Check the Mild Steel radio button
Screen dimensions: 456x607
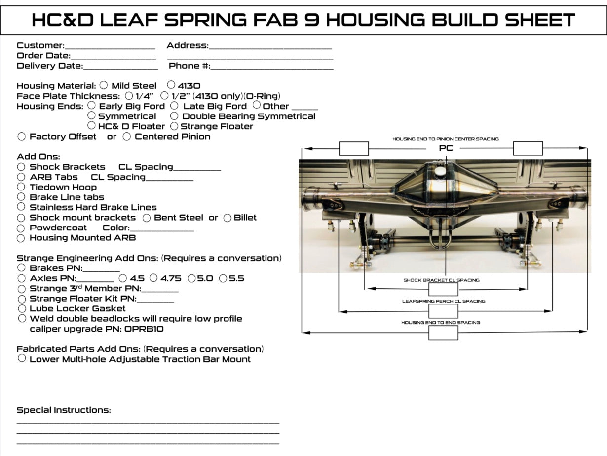[104, 85]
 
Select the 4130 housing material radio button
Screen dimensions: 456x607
[171, 85]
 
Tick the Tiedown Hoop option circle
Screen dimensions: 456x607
[21, 187]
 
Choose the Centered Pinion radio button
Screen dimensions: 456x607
[127, 136]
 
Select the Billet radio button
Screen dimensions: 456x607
[228, 218]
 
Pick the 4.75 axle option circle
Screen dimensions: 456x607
[154, 278]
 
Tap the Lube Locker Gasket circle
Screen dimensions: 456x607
[21, 308]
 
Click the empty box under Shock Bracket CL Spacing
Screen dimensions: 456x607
[443, 290]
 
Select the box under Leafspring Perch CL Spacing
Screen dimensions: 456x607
[443, 311]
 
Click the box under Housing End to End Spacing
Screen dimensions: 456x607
[443, 333]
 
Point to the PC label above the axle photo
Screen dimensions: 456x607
[446, 148]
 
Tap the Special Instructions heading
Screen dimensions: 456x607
[64, 410]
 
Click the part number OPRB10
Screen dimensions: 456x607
[144, 329]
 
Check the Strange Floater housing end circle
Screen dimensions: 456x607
[174, 126]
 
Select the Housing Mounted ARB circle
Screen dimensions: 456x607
[21, 238]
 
